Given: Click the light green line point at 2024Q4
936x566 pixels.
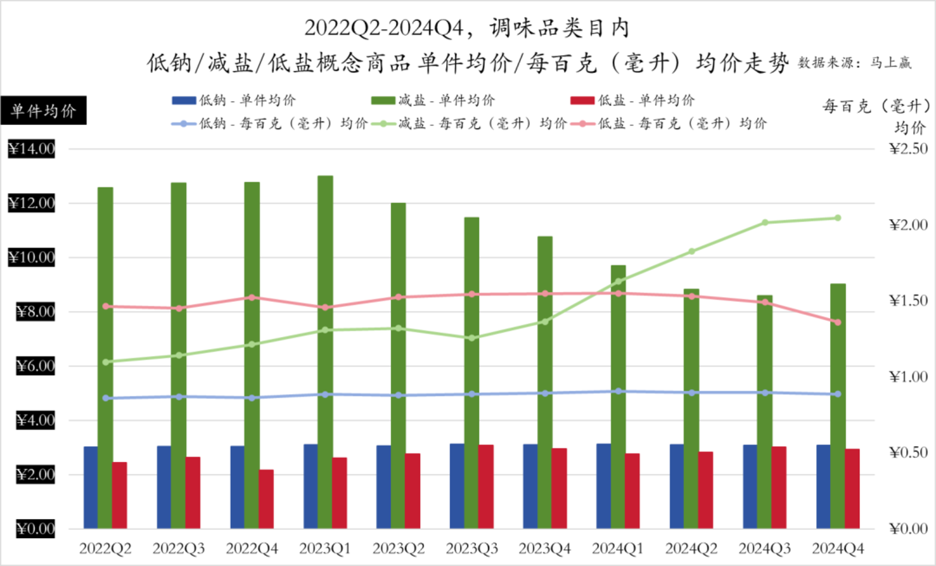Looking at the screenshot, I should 838,218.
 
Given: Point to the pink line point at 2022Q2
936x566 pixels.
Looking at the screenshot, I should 105,306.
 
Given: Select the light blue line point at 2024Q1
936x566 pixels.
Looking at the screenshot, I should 618,392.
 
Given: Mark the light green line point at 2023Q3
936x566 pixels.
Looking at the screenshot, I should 472,338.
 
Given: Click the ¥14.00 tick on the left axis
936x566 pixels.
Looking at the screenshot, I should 32,149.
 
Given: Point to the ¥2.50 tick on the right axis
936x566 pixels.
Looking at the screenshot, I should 908,149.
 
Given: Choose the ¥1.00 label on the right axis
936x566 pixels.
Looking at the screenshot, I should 908,377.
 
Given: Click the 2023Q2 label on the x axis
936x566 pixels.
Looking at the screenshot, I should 398,549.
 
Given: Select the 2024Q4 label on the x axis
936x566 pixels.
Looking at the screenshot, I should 838,549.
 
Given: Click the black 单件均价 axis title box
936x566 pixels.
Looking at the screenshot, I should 44,111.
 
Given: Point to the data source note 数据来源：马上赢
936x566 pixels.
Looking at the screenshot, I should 855,63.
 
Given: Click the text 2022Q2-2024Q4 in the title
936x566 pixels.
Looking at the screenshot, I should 384,28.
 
